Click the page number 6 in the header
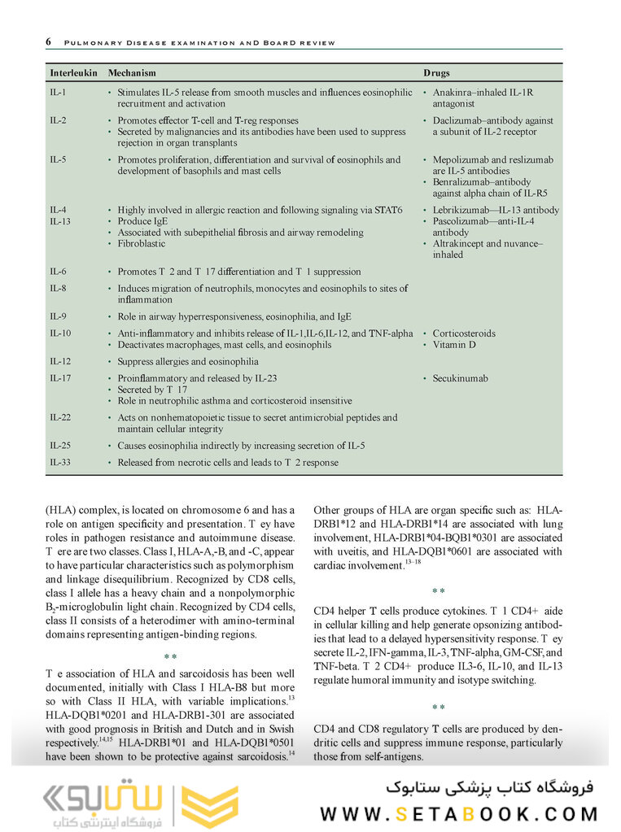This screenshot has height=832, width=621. point(49,42)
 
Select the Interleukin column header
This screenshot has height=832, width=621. point(73,73)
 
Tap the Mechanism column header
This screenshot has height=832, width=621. point(132,73)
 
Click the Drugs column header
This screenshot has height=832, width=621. point(436,73)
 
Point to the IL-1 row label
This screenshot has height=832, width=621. point(58,93)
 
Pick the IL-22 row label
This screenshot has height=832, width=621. point(60,417)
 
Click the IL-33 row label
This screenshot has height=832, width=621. point(60,463)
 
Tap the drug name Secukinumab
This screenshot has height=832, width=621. point(460,378)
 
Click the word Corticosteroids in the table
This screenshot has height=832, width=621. point(464,333)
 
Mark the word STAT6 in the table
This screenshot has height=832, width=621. point(388,211)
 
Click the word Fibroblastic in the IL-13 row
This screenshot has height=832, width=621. point(141,244)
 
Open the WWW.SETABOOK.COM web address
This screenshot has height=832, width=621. point(459,813)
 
